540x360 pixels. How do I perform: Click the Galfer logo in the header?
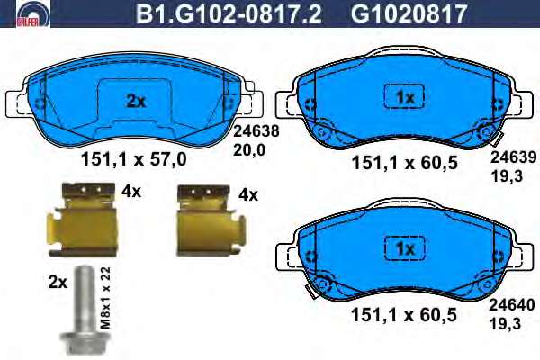pyautogui.click(x=33, y=13)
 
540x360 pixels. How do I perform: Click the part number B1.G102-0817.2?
pyautogui.click(x=229, y=13)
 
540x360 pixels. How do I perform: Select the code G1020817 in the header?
pyautogui.click(x=409, y=13)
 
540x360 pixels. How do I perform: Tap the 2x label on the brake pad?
pyautogui.click(x=136, y=102)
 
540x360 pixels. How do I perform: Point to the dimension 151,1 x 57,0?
pyautogui.click(x=133, y=159)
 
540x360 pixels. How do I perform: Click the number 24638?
pyautogui.click(x=256, y=131)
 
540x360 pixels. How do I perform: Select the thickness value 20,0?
pyautogui.click(x=249, y=150)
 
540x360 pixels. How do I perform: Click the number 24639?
pyautogui.click(x=514, y=157)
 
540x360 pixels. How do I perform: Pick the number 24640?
pyautogui.click(x=512, y=305)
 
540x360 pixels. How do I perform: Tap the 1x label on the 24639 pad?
pyautogui.click(x=405, y=98)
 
